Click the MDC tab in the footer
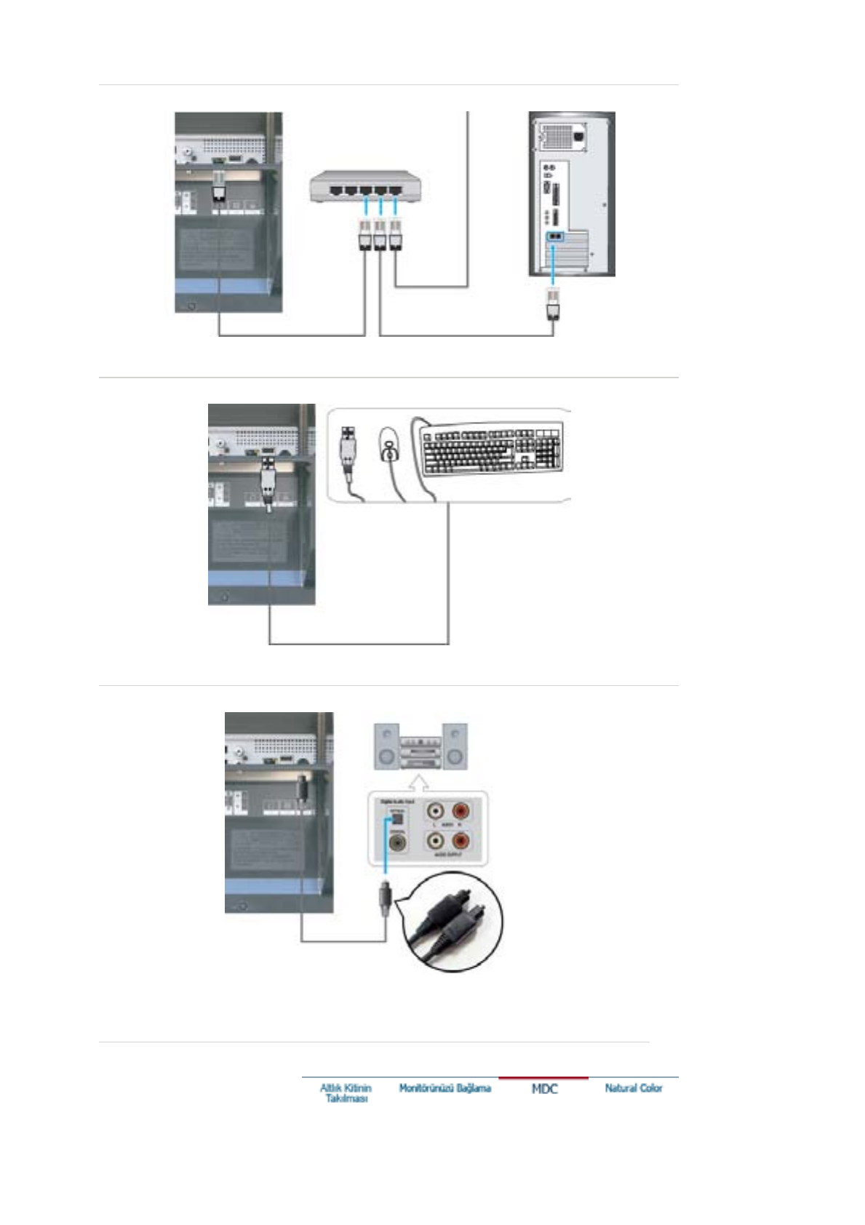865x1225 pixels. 544,1088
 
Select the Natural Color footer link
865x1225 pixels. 634,1088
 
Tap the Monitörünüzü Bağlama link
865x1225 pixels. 445,1088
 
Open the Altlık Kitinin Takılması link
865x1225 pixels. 346,1093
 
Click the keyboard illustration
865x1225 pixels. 492,449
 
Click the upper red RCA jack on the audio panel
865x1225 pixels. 461,810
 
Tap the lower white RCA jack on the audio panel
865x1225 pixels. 436,841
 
